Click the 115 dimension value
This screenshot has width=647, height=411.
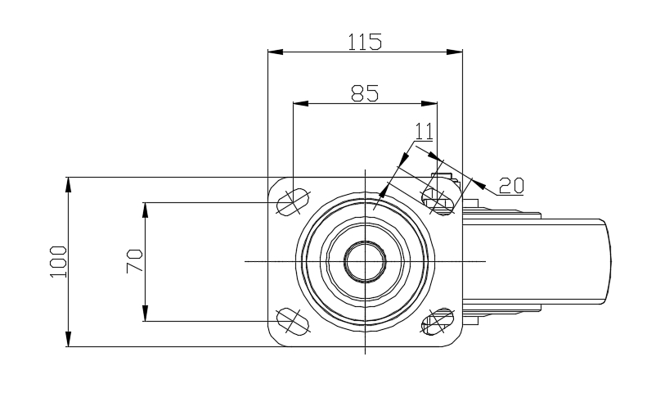[365, 42]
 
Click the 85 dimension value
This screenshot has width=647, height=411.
[365, 93]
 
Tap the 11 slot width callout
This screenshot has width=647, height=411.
[425, 131]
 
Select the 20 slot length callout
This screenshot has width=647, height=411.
[511, 186]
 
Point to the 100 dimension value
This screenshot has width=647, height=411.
[58, 262]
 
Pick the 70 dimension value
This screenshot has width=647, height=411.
[135, 260]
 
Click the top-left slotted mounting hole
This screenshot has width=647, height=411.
[293, 202]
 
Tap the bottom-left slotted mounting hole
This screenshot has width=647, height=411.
[293, 321]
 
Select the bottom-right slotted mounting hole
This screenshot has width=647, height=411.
[438, 321]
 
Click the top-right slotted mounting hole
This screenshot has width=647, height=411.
[438, 202]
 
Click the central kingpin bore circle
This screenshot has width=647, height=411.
[365, 261]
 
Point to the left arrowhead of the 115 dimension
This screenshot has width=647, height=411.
[276, 52]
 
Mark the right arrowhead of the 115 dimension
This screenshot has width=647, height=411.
[455, 52]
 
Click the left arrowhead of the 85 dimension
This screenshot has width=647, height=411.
[300, 103]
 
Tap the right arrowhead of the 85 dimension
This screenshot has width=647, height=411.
[429, 103]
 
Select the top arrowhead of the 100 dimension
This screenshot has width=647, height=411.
[69, 185]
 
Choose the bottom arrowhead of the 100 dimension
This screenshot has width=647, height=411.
[69, 339]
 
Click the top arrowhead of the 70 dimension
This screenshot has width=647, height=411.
[146, 210]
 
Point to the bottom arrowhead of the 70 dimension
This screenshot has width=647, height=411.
[146, 313]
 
